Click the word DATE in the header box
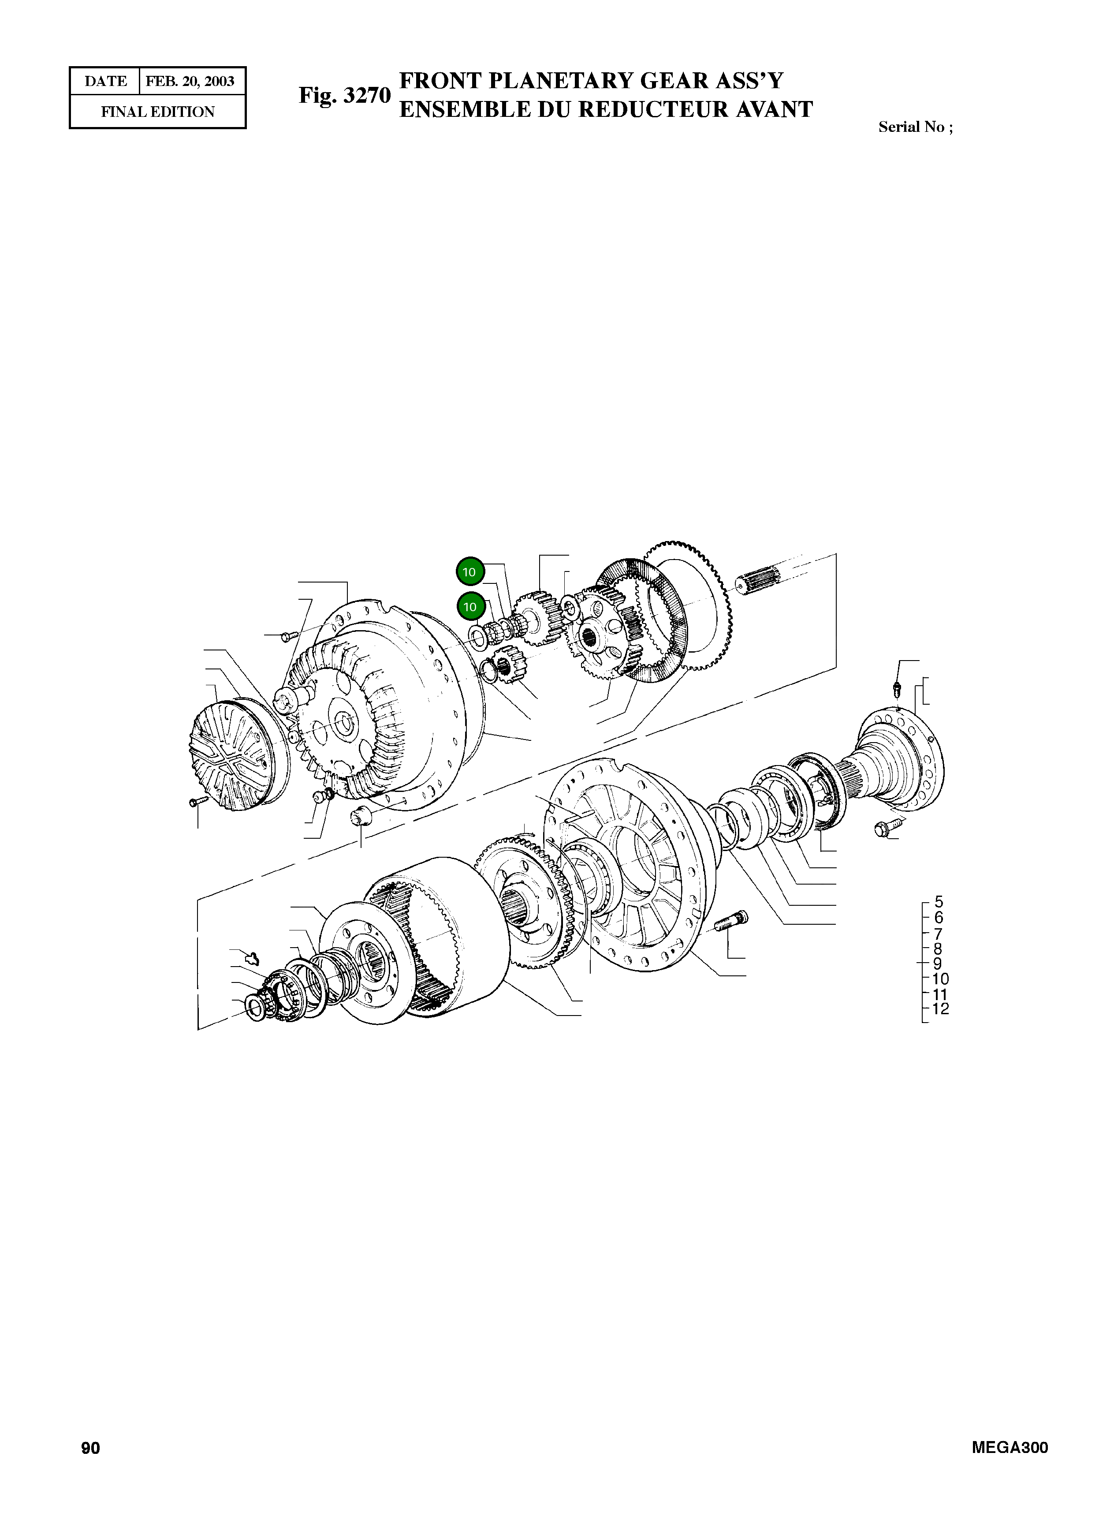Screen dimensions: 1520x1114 tap(105, 82)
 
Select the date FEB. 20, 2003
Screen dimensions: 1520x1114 tap(190, 82)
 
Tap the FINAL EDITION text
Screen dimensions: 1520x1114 tap(158, 112)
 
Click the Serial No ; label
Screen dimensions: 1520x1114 tap(915, 127)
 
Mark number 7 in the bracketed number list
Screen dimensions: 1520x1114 tap(938, 934)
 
